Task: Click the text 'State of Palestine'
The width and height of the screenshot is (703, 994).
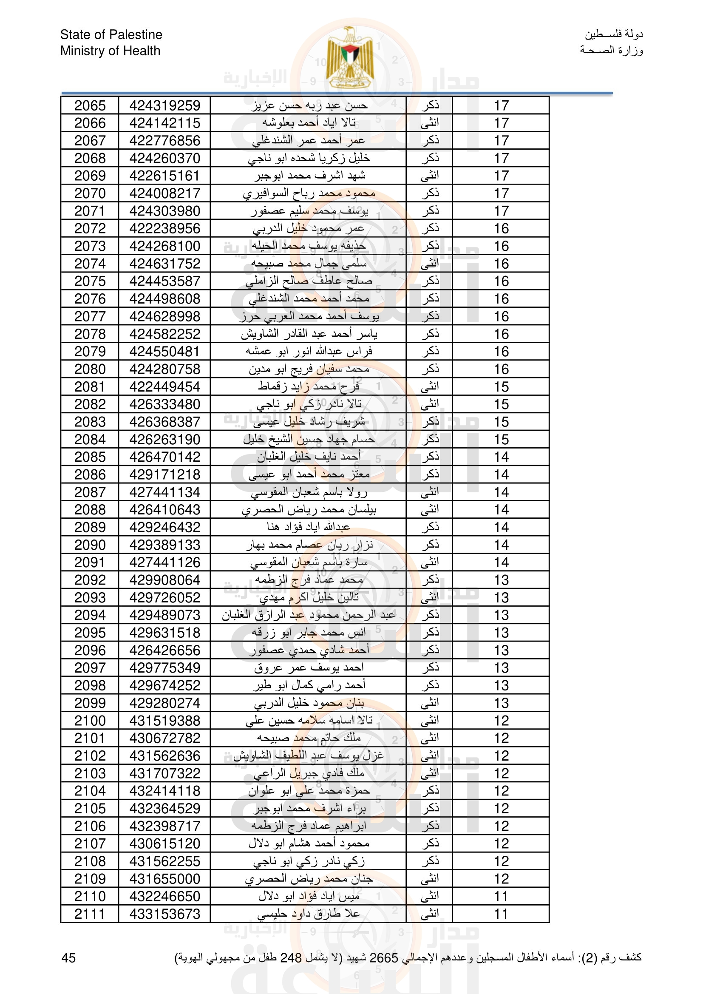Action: point(111,34)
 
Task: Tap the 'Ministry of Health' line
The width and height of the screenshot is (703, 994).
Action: point(110,51)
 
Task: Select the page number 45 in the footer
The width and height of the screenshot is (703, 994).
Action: point(68,957)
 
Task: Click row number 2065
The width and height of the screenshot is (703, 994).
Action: point(90,105)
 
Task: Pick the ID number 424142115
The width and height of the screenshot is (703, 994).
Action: point(164,123)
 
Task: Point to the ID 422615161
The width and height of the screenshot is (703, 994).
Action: point(164,176)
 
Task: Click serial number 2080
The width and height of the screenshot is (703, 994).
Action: point(90,369)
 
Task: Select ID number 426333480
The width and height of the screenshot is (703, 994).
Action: point(164,404)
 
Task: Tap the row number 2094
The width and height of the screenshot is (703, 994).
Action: point(90,615)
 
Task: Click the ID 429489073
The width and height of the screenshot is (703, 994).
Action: point(164,615)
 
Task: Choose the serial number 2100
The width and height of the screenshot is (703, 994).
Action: point(90,721)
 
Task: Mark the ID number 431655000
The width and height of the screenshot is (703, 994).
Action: point(164,879)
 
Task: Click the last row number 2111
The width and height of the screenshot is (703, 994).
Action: point(90,914)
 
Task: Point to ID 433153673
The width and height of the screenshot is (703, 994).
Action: point(164,914)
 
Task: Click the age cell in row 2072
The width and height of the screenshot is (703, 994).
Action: point(501,229)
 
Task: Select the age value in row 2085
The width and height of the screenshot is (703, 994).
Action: point(501,457)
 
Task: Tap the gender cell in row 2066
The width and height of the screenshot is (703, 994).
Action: point(429,123)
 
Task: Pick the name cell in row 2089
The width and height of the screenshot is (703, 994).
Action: point(308,527)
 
